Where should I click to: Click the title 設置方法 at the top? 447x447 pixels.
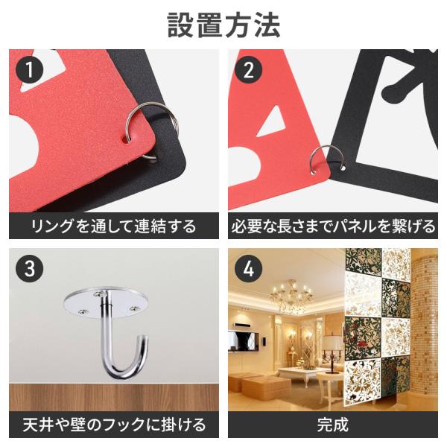pos(223,25)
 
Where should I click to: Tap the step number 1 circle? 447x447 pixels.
pos(29,70)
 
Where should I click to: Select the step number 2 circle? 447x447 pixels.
pos(248,70)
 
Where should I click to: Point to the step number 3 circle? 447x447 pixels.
pos(29,268)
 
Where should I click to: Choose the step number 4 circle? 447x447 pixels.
pos(248,268)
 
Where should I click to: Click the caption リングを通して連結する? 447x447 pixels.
pos(114,226)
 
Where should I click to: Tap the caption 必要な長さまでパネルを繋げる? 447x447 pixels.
pos(333,226)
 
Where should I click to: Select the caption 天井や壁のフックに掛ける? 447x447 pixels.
pos(114,425)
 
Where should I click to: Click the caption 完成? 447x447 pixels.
pos(333,425)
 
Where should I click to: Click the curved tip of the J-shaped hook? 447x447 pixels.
pos(145,340)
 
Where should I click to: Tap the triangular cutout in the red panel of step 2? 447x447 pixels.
pos(271,121)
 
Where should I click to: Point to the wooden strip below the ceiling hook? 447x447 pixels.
pos(114,397)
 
